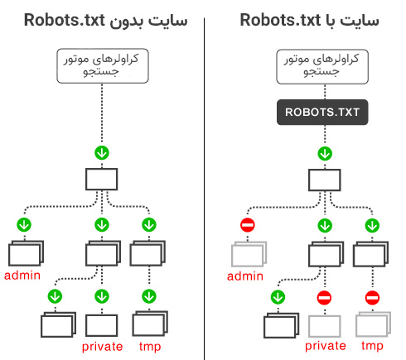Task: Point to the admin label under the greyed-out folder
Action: pos(246,276)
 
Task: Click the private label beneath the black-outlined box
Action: pos(103,346)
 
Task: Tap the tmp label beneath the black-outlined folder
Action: pos(150,346)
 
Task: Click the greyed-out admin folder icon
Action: pos(249,253)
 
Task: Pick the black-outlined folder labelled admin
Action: pos(26,253)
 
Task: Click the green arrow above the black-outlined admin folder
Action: pos(24,224)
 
